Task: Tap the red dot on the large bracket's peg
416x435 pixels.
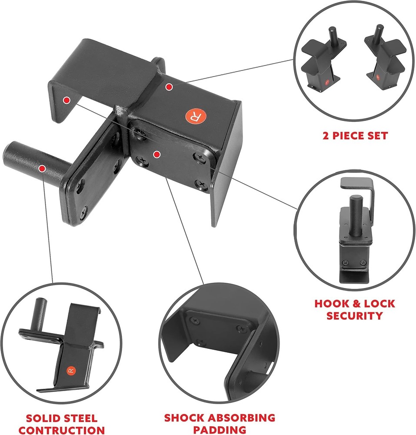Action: coord(42,167)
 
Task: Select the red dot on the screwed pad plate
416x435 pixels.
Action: coord(156,154)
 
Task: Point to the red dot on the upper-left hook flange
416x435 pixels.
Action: coord(66,100)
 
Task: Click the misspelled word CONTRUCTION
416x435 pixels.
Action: coord(62,430)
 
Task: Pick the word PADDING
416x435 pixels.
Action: coord(220,430)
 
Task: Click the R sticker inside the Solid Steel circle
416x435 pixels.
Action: coord(71,371)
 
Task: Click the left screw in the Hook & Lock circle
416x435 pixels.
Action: coord(345,262)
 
